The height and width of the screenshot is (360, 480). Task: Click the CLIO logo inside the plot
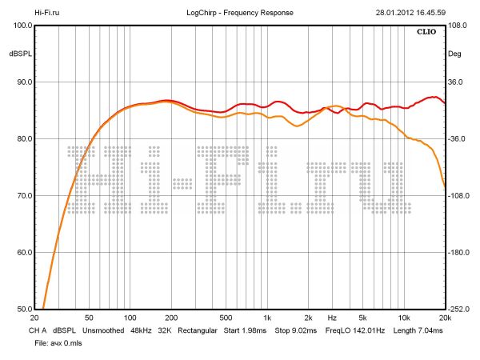[x=428, y=33]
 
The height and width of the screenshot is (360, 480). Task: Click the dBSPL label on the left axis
[x=19, y=54]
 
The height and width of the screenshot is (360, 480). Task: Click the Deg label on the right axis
[x=455, y=54]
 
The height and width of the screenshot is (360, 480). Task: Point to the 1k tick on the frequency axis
[x=267, y=317]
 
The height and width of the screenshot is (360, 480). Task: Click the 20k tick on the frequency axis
[x=445, y=317]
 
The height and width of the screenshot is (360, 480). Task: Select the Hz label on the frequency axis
[x=331, y=317]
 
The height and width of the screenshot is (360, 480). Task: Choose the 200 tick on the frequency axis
[x=170, y=317]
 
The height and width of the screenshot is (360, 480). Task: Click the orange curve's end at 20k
[x=445, y=187]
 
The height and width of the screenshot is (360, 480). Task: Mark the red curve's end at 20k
[x=445, y=102]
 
